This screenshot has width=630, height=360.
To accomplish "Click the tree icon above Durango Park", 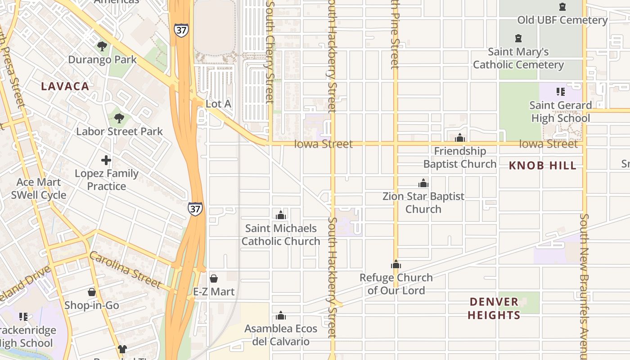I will coord(102,46).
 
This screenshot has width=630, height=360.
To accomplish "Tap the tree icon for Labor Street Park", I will coord(119,118).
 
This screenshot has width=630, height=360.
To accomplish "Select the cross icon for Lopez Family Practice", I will coord(106,160).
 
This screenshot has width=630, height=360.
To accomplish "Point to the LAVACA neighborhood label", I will coord(65,86).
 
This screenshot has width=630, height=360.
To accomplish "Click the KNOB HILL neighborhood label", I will coord(542,166).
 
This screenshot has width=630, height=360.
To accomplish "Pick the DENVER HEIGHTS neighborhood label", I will coord(494,308).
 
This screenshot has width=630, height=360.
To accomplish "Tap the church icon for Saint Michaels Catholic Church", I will coord(281,215).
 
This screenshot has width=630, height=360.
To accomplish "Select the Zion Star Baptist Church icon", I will coord(423,183).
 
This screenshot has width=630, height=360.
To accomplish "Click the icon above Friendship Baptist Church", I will coord(460,138).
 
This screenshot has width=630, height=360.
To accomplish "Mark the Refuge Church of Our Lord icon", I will coord(396,265).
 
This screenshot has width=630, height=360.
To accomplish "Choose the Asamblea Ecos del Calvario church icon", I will coord(281,315).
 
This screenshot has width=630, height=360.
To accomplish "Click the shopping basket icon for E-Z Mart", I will coord(214,279).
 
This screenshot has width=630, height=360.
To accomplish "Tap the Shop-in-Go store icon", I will coord(92,292).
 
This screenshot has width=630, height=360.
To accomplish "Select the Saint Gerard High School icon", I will coord(560,92).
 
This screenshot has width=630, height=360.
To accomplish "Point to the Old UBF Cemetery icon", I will coord(562,7).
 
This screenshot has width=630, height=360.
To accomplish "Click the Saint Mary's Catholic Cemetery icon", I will coord(518,38).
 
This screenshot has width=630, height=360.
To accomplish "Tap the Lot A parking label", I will coord(218,104).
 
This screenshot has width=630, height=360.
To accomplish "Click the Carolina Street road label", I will coord(125,270).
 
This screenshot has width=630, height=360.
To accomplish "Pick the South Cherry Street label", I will coord(270,52).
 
